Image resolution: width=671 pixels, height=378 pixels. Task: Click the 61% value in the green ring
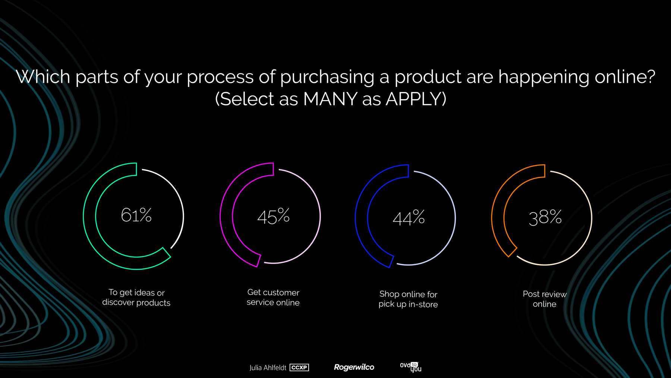[136, 215]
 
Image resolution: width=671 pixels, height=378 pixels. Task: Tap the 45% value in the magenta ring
[273, 216]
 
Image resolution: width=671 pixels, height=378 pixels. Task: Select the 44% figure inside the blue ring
[409, 218]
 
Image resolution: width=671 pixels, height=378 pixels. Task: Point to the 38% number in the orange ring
[545, 217]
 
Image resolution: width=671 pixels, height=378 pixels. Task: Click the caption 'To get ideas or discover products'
[136, 297]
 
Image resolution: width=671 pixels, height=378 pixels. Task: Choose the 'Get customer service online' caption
[273, 297]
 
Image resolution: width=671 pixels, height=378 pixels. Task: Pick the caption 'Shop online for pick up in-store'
[408, 299]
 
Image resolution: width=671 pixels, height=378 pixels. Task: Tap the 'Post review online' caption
[545, 299]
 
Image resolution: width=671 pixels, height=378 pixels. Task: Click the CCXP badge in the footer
[299, 368]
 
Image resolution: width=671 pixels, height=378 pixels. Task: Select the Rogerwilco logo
[354, 367]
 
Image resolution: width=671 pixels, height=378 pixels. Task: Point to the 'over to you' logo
[411, 367]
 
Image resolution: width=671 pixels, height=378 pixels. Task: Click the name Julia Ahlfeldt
[268, 368]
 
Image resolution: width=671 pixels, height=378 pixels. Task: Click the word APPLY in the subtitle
[416, 99]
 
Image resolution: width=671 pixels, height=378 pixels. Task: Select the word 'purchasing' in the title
[327, 77]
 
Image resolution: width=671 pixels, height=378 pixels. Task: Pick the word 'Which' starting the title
[43, 77]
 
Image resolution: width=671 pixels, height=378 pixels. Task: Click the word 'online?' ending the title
[625, 77]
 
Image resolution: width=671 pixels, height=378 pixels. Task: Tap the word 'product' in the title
[428, 77]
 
